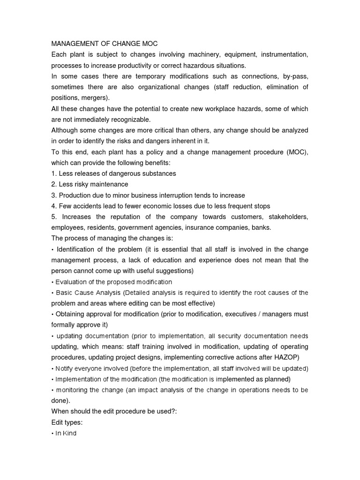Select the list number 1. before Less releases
click(54, 173)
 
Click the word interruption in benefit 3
click(169, 195)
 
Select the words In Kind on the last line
click(66, 433)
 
